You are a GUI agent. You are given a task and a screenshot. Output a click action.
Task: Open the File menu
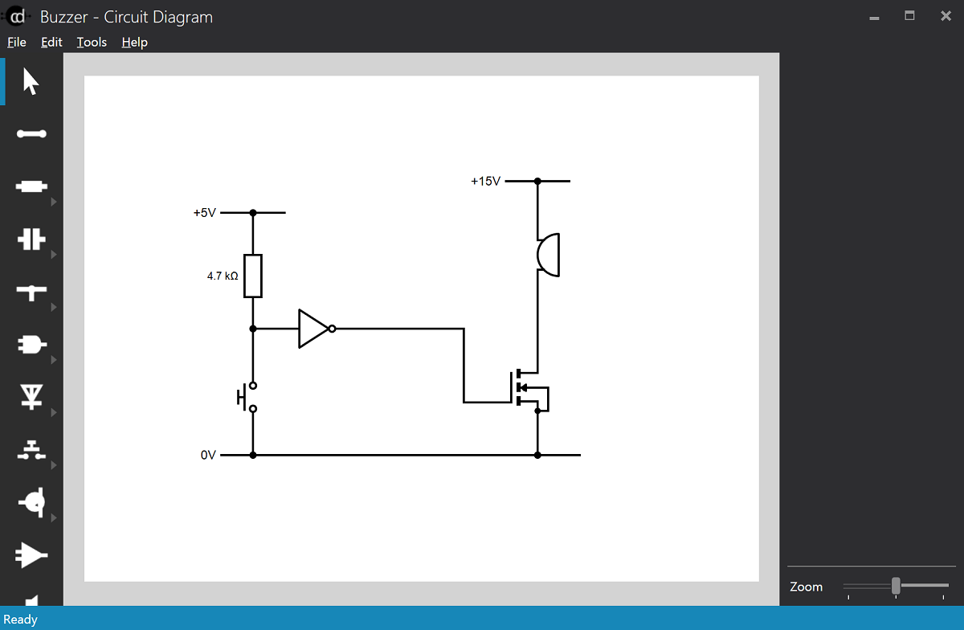click(16, 42)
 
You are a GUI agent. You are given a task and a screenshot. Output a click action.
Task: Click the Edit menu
click(51, 42)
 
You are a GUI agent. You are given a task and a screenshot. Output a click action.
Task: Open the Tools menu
click(92, 42)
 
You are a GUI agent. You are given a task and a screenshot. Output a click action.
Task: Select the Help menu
click(134, 42)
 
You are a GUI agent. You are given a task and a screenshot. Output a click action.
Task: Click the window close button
click(946, 15)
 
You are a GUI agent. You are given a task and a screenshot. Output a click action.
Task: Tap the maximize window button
click(909, 15)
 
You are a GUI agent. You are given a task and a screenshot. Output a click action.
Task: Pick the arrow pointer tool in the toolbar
click(31, 81)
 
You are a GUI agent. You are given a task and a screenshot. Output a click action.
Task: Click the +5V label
click(204, 213)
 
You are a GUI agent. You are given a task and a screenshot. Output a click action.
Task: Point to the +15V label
click(485, 182)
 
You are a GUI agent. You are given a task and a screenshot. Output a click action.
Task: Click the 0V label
click(208, 455)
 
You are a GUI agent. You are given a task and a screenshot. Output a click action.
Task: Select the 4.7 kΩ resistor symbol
click(253, 276)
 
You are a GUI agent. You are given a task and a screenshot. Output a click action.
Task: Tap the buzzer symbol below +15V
click(548, 255)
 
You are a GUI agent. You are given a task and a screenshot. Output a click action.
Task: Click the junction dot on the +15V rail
click(537, 182)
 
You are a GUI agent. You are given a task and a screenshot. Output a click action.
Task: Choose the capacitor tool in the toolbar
click(31, 239)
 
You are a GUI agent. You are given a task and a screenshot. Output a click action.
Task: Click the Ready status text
click(20, 619)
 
